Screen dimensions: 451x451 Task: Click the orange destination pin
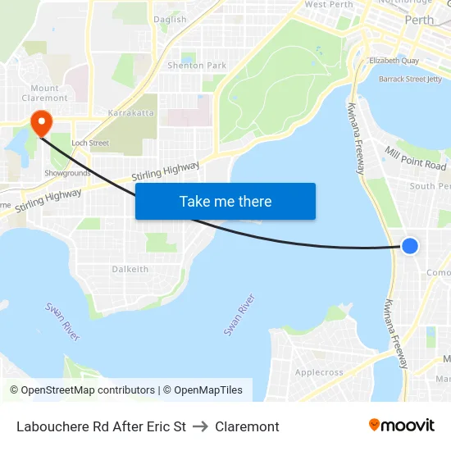pos(40,124)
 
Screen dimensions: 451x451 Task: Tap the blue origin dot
pos(410,246)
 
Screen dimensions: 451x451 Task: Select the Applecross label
pos(319,371)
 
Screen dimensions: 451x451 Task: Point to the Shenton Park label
pos(197,66)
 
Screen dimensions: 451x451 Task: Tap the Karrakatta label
pos(130,112)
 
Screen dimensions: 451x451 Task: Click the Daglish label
pos(170,20)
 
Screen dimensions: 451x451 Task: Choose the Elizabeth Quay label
pos(394,61)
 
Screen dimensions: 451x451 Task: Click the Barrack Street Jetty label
pos(410,80)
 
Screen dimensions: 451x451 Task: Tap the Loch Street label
pos(90,143)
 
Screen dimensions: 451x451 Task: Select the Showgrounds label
pos(67,173)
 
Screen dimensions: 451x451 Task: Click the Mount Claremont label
pos(45,93)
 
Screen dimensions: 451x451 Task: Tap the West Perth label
pos(328,5)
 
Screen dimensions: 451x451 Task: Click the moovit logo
pos(401,425)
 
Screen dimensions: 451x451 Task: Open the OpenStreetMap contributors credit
pos(83,390)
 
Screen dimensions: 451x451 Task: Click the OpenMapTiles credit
pos(207,390)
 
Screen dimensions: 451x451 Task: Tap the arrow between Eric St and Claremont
pos(200,426)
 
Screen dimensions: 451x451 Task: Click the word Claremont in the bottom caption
pos(247,426)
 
